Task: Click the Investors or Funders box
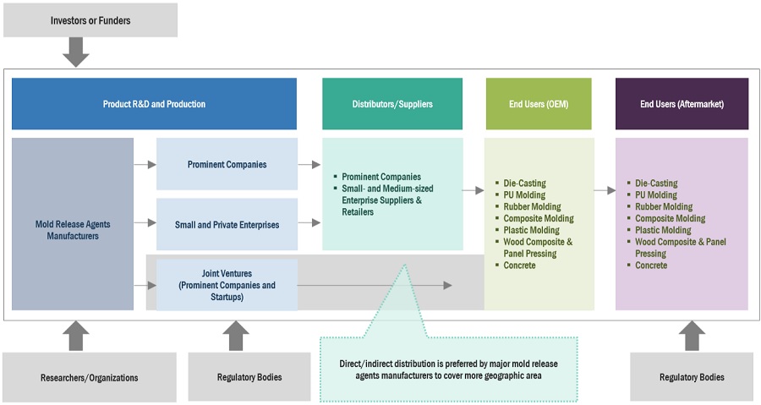(x=90, y=20)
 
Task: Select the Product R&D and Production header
(x=154, y=104)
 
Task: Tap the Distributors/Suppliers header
(x=392, y=104)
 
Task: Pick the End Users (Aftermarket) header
(x=682, y=104)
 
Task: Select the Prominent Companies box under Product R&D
(x=227, y=164)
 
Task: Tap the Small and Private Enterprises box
(x=227, y=224)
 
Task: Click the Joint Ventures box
(x=227, y=285)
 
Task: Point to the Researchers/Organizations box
(x=90, y=377)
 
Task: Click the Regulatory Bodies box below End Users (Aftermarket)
(x=691, y=377)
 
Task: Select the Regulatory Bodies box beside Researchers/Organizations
(x=236, y=377)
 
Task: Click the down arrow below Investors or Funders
(x=76, y=52)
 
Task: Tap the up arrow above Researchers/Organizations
(x=76, y=336)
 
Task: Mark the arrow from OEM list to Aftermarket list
(x=605, y=191)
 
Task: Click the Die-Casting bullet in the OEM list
(x=524, y=183)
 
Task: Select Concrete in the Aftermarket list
(x=651, y=265)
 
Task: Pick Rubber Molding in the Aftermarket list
(x=664, y=207)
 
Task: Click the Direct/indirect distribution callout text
(x=448, y=369)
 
